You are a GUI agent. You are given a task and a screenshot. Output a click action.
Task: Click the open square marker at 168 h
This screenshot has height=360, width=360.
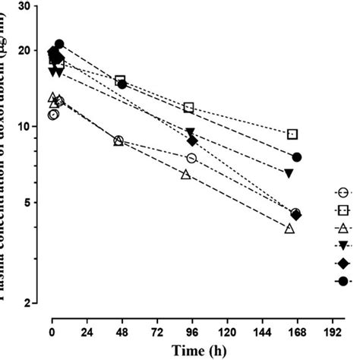[x=292, y=134]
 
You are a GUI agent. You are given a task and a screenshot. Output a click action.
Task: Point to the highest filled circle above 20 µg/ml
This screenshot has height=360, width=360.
[x=59, y=44]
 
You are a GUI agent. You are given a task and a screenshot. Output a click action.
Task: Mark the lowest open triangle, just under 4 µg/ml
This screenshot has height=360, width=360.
[x=289, y=229]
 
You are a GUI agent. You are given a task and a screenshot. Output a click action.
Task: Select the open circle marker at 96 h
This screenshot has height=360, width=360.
[x=191, y=158]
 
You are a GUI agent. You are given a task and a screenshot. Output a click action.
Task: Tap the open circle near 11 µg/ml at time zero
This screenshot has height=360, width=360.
[x=52, y=115]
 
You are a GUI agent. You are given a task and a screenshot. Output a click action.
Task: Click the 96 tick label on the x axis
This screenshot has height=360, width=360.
[x=191, y=333]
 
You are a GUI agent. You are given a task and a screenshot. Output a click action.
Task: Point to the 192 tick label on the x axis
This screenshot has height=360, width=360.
[x=331, y=333]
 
